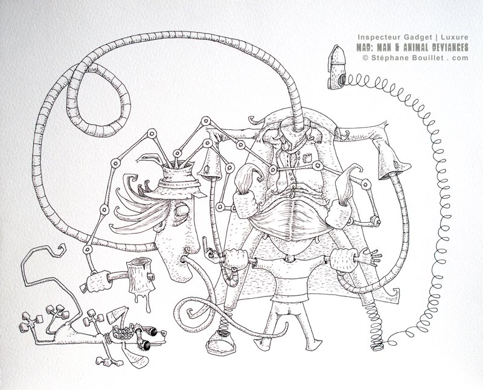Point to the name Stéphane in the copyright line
(385, 57)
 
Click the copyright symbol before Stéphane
(365, 57)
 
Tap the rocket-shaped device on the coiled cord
(337, 67)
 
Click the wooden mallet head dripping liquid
(140, 276)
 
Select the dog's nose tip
(164, 333)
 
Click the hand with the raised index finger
(209, 249)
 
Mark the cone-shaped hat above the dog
(117, 314)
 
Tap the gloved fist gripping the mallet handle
(99, 281)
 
